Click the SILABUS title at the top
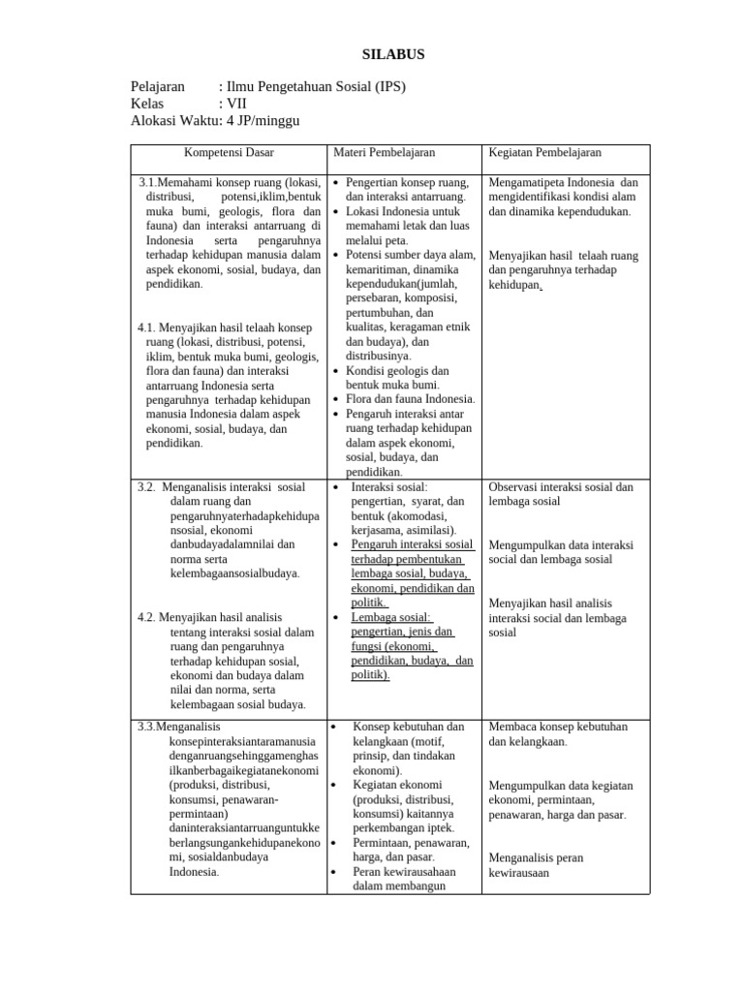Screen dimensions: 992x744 (x=392, y=55)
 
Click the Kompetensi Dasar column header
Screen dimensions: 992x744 (x=229, y=152)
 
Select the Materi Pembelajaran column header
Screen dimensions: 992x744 (x=385, y=152)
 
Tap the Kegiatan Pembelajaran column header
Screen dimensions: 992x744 (x=545, y=152)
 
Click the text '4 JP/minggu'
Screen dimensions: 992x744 (x=263, y=121)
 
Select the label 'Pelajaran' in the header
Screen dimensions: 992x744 (x=157, y=86)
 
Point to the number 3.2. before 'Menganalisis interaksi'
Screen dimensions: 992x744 (x=147, y=486)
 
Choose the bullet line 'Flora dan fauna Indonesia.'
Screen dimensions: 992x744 (x=410, y=399)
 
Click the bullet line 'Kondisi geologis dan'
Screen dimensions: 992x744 (x=397, y=370)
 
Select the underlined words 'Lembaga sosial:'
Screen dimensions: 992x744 (x=392, y=617)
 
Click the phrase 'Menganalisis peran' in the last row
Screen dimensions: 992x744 (x=536, y=857)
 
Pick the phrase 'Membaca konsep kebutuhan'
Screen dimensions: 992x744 (x=558, y=727)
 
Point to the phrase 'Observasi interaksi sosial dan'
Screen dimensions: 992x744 (x=561, y=486)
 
